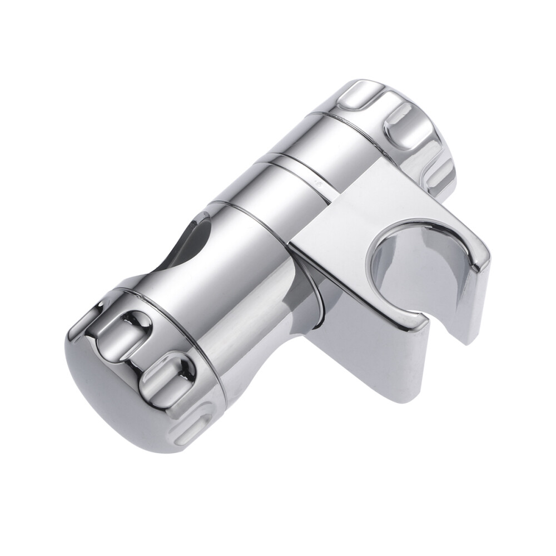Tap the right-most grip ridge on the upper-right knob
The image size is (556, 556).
(439, 167)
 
